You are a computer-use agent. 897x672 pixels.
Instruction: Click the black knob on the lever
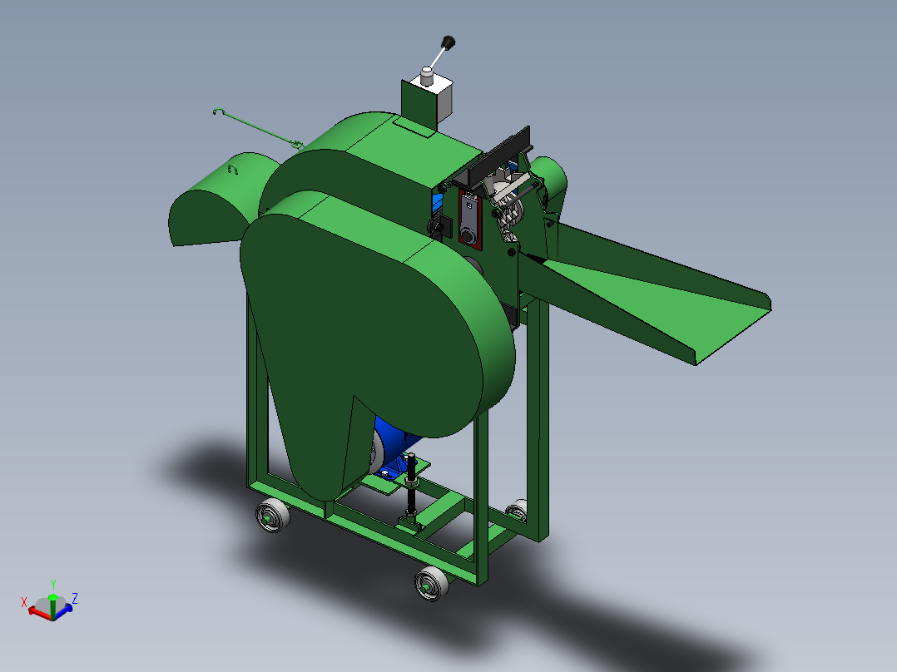pos(448,42)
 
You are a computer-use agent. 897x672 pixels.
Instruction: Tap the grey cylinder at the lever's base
pos(427,77)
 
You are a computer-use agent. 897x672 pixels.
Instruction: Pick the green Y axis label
pos(53,584)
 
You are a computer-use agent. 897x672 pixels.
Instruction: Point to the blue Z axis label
pos(75,597)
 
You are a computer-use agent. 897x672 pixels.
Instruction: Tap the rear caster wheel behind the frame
pos(518,508)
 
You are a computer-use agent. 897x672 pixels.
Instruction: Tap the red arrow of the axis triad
pos(37,611)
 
